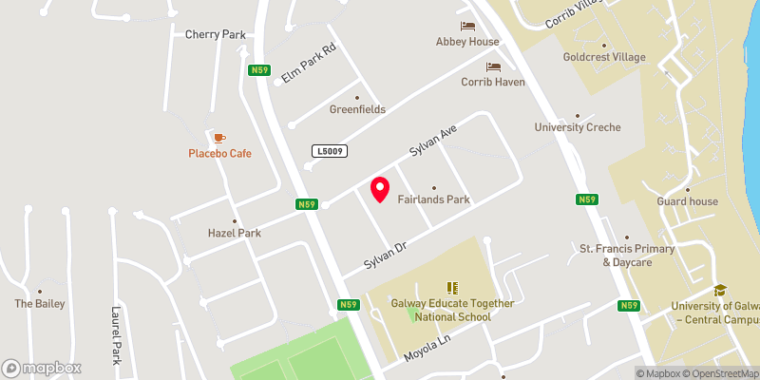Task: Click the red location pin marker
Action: tap(380, 189)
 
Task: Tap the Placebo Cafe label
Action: tap(219, 153)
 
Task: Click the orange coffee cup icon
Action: tap(219, 137)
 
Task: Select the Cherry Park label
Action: tap(216, 35)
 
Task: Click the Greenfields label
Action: tap(357, 109)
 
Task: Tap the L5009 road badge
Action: tap(328, 151)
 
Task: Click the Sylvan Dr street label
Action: tap(385, 253)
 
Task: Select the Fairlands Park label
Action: tap(434, 199)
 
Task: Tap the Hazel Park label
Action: tap(235, 233)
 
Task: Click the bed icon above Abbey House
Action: tap(467, 26)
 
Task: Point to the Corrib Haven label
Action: tap(493, 83)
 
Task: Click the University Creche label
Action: tap(578, 127)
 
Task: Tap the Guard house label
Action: tap(688, 201)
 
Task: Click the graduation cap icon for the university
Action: tap(720, 290)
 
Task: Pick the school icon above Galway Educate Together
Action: tap(453, 287)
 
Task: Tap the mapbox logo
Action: tap(42, 368)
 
